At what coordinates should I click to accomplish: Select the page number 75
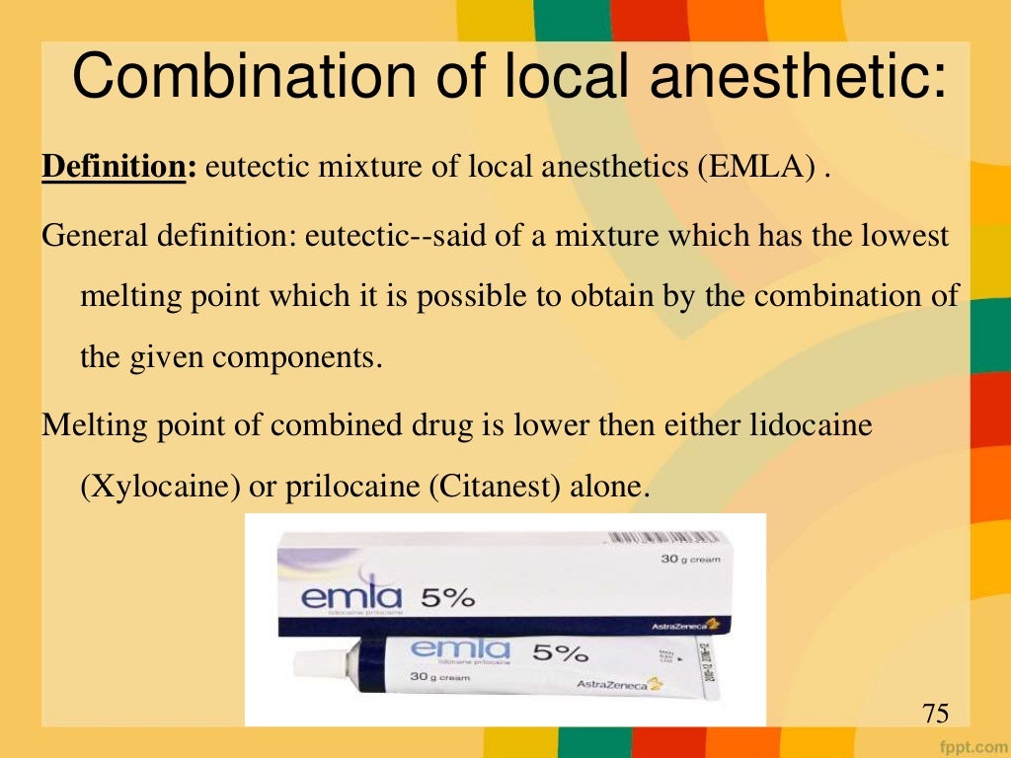[935, 713]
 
